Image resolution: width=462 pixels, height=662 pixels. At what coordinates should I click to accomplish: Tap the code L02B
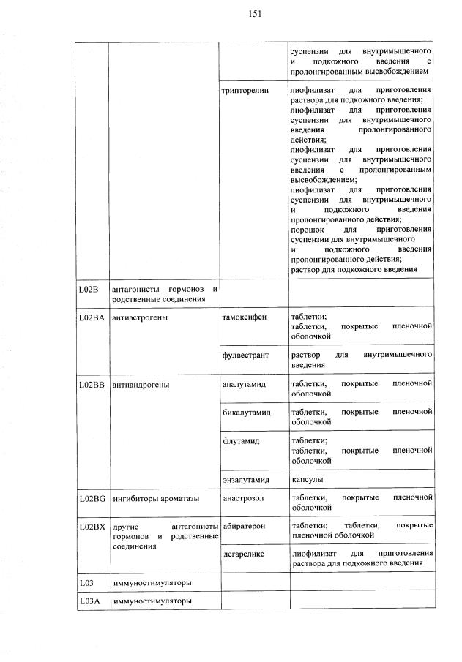click(88, 290)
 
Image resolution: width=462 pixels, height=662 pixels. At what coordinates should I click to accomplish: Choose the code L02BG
click(92, 498)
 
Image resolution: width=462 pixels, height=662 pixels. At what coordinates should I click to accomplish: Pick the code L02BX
click(92, 526)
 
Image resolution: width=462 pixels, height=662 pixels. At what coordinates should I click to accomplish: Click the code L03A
click(89, 601)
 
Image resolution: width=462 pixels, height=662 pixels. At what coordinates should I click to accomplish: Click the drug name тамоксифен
click(244, 317)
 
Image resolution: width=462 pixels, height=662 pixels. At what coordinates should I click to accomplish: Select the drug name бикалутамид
click(246, 413)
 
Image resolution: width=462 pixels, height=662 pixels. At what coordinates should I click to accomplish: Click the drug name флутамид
click(239, 441)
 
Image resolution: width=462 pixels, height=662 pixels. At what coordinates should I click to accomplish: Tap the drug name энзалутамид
click(246, 480)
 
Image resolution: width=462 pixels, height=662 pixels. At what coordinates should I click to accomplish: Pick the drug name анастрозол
click(243, 498)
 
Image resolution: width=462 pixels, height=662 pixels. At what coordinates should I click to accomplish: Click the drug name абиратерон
click(245, 526)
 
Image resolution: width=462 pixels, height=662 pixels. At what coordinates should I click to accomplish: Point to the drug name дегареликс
click(243, 554)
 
